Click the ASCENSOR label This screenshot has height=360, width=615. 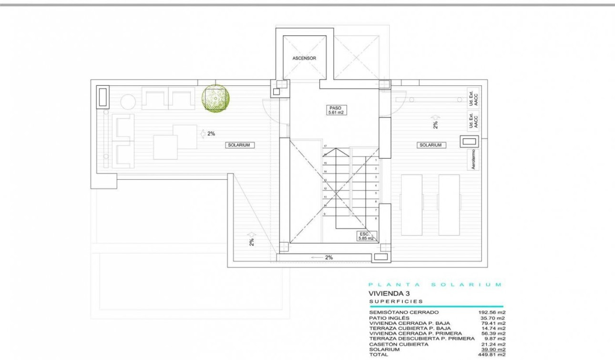304,58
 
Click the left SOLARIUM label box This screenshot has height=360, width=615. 238,144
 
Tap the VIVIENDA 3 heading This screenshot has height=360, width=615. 389,294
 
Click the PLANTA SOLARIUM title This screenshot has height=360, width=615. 435,285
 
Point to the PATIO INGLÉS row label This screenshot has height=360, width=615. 389,318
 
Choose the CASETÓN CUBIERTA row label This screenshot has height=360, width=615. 399,344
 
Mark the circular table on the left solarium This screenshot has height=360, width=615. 128,102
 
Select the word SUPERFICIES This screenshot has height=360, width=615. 396,301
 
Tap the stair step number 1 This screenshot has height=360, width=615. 376,160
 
